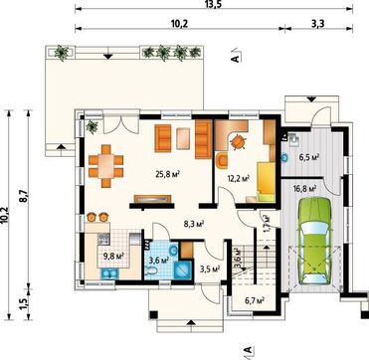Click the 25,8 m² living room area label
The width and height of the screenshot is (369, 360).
pos(167,174)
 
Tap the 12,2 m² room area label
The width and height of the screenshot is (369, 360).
pos(239,179)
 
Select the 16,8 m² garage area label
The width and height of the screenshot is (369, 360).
pos(304,189)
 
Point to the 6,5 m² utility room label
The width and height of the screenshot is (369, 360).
pos(309,157)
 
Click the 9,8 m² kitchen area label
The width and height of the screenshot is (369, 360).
pos(113,257)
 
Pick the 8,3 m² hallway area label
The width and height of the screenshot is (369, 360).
pos(194,224)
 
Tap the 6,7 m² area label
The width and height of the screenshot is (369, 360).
pos(254,300)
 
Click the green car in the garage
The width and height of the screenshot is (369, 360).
pos(315,241)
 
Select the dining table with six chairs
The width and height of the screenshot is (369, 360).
pos(106,166)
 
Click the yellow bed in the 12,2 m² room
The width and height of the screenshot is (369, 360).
pos(266,182)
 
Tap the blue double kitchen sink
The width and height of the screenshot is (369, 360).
pos(109,273)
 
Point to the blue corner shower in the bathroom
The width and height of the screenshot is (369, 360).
pos(183,270)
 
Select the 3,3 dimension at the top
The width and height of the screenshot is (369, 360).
pos(317,24)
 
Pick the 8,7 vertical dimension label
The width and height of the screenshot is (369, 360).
pos(24,199)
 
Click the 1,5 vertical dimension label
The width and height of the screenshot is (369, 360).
pos(24,304)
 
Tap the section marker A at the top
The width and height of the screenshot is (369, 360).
pos(236,57)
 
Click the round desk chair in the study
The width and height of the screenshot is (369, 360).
pos(238,142)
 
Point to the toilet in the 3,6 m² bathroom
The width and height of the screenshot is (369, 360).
pos(151,271)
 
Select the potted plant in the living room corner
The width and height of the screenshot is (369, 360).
pos(92,126)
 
